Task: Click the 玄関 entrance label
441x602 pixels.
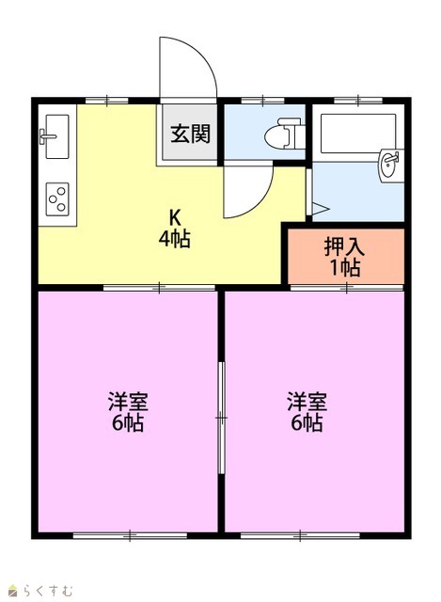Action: pos(191,134)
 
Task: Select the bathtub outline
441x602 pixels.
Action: pos(357,133)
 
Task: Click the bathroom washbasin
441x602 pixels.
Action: pos(391,166)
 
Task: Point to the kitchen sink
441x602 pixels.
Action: pos(56,136)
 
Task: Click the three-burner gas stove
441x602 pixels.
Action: pos(57,198)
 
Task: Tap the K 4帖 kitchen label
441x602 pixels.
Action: pos(175,229)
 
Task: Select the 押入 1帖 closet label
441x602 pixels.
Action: pos(344,257)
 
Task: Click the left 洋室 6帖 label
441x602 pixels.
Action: pos(128,412)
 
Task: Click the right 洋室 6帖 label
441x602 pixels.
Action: pos(307,412)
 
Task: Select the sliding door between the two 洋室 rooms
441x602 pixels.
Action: pos(221,418)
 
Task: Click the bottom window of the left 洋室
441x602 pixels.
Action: pos(130,535)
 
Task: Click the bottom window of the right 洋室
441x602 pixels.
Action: pos(300,535)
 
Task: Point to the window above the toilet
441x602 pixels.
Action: pos(263,101)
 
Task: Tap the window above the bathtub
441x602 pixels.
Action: pos(358,101)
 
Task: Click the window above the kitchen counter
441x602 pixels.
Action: pos(106,101)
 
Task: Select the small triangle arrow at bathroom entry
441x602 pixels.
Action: pos(321,209)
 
